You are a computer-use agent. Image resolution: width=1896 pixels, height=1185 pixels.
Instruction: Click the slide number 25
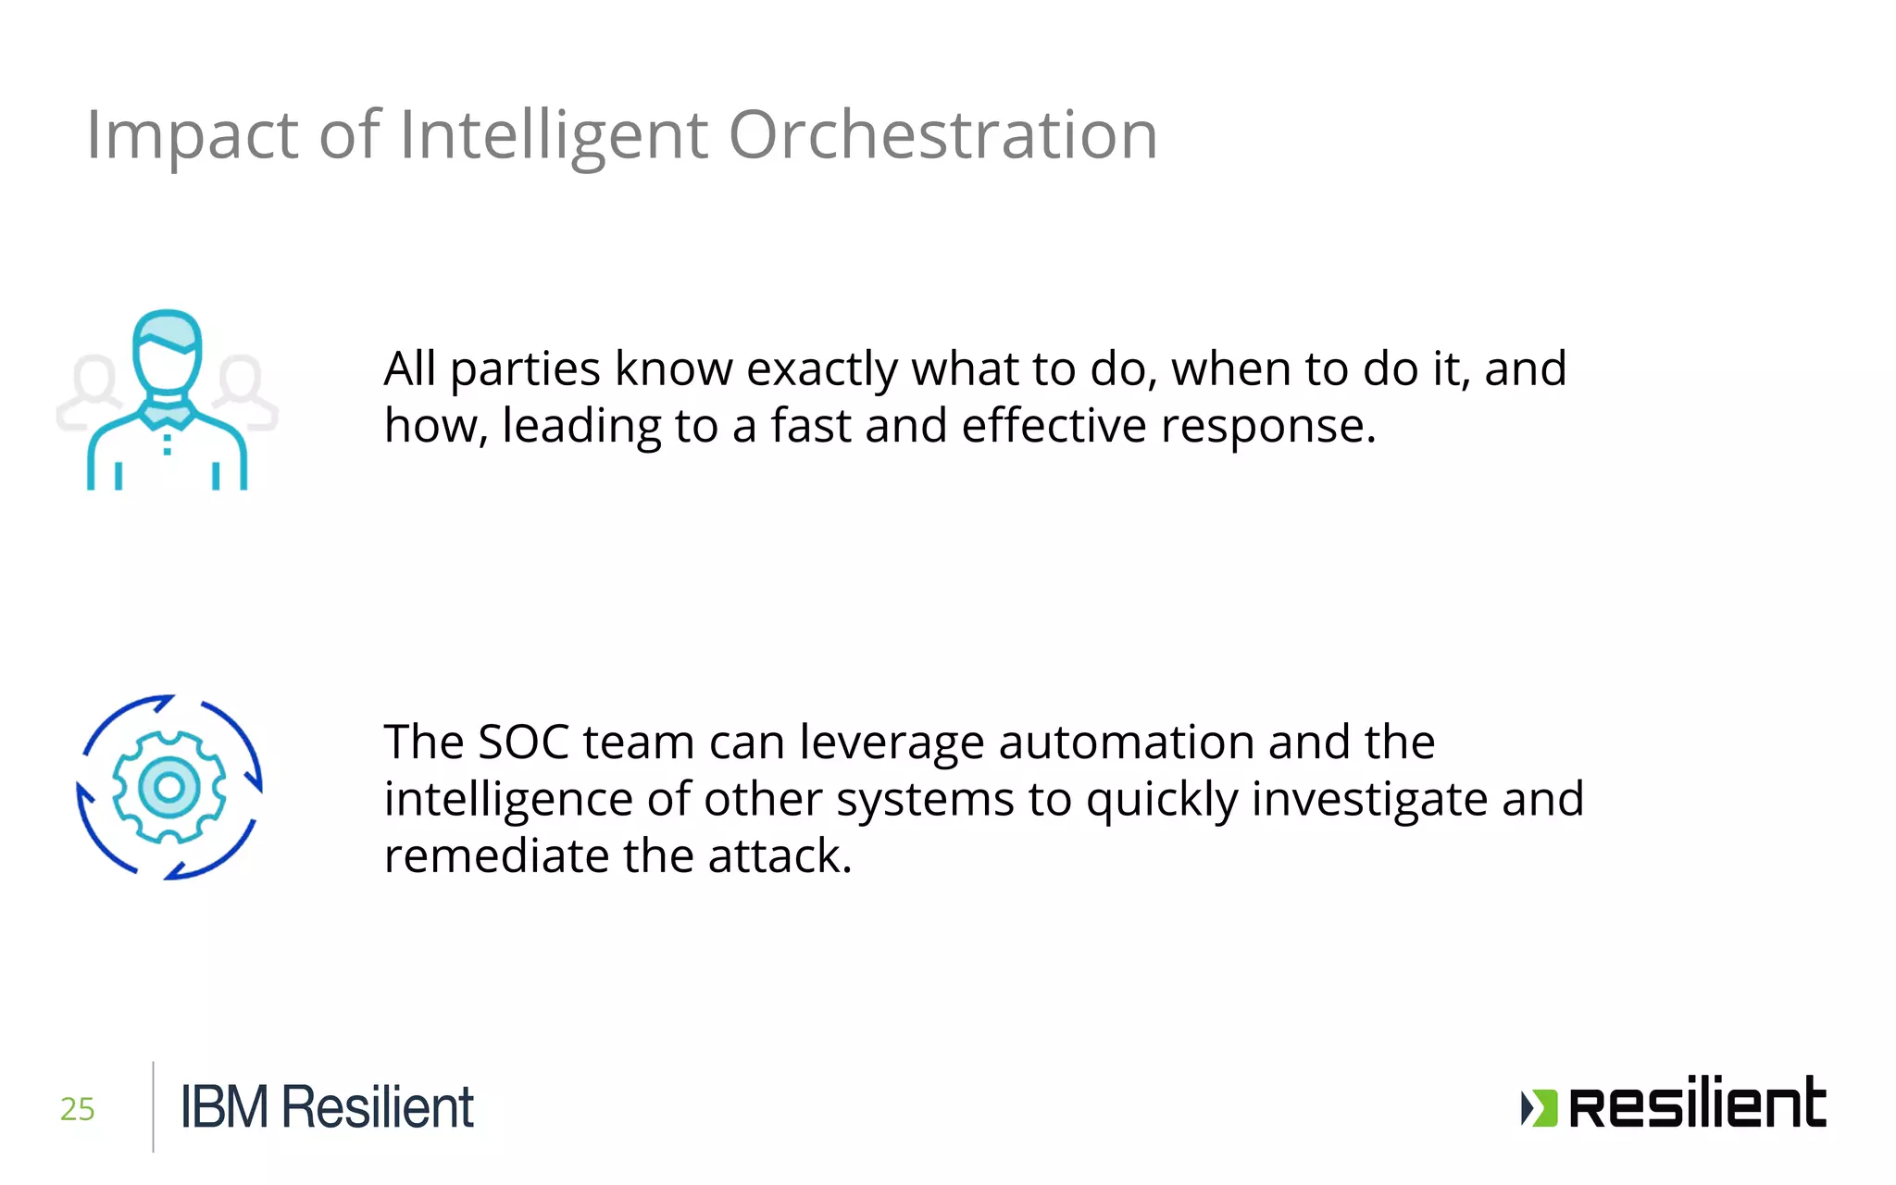pyautogui.click(x=78, y=1108)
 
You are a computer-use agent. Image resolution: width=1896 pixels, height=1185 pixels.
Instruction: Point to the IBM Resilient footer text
pyautogui.click(x=327, y=1107)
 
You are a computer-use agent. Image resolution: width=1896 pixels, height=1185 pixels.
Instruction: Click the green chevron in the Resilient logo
pyautogui.click(x=1540, y=1108)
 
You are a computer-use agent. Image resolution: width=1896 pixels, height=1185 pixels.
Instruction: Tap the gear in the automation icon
pyautogui.click(x=168, y=787)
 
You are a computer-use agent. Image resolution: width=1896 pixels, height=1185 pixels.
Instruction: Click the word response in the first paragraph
pyautogui.click(x=1268, y=428)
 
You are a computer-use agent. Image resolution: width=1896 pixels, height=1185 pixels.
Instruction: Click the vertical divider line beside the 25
pyautogui.click(x=153, y=1106)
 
